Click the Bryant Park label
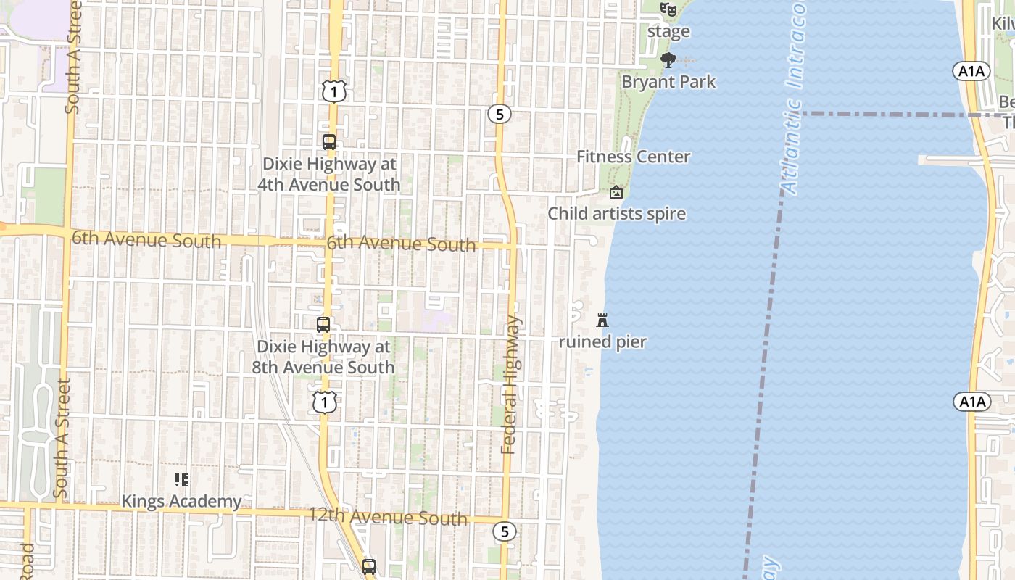click(x=668, y=82)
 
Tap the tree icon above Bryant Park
click(x=668, y=59)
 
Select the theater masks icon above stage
click(x=668, y=9)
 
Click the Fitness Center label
click(x=634, y=157)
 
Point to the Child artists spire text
click(x=616, y=214)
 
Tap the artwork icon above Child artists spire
click(x=616, y=192)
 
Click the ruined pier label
click(x=602, y=341)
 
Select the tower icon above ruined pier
click(x=602, y=320)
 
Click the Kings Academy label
click(x=181, y=501)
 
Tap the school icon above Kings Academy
click(x=181, y=479)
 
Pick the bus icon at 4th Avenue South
click(x=329, y=142)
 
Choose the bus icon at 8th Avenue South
click(x=323, y=325)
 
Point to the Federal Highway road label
click(x=511, y=384)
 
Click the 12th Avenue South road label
click(x=388, y=517)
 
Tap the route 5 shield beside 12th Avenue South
click(x=505, y=531)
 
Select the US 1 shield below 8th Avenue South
click(x=324, y=402)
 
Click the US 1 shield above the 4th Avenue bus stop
click(x=333, y=91)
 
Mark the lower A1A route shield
click(x=971, y=402)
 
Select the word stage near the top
click(x=668, y=32)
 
